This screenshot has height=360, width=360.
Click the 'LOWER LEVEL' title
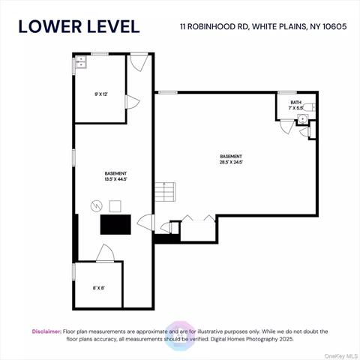coord(79,26)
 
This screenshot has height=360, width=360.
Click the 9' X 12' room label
coord(101,94)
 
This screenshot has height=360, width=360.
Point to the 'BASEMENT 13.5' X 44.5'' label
coord(115,177)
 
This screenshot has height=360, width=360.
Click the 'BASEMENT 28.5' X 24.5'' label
coord(232,160)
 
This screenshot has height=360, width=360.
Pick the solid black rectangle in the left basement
coord(115,223)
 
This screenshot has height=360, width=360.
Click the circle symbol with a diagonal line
coord(96,205)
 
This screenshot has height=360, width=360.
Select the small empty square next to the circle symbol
coord(114,205)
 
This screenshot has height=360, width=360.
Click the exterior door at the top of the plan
coord(139,62)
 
